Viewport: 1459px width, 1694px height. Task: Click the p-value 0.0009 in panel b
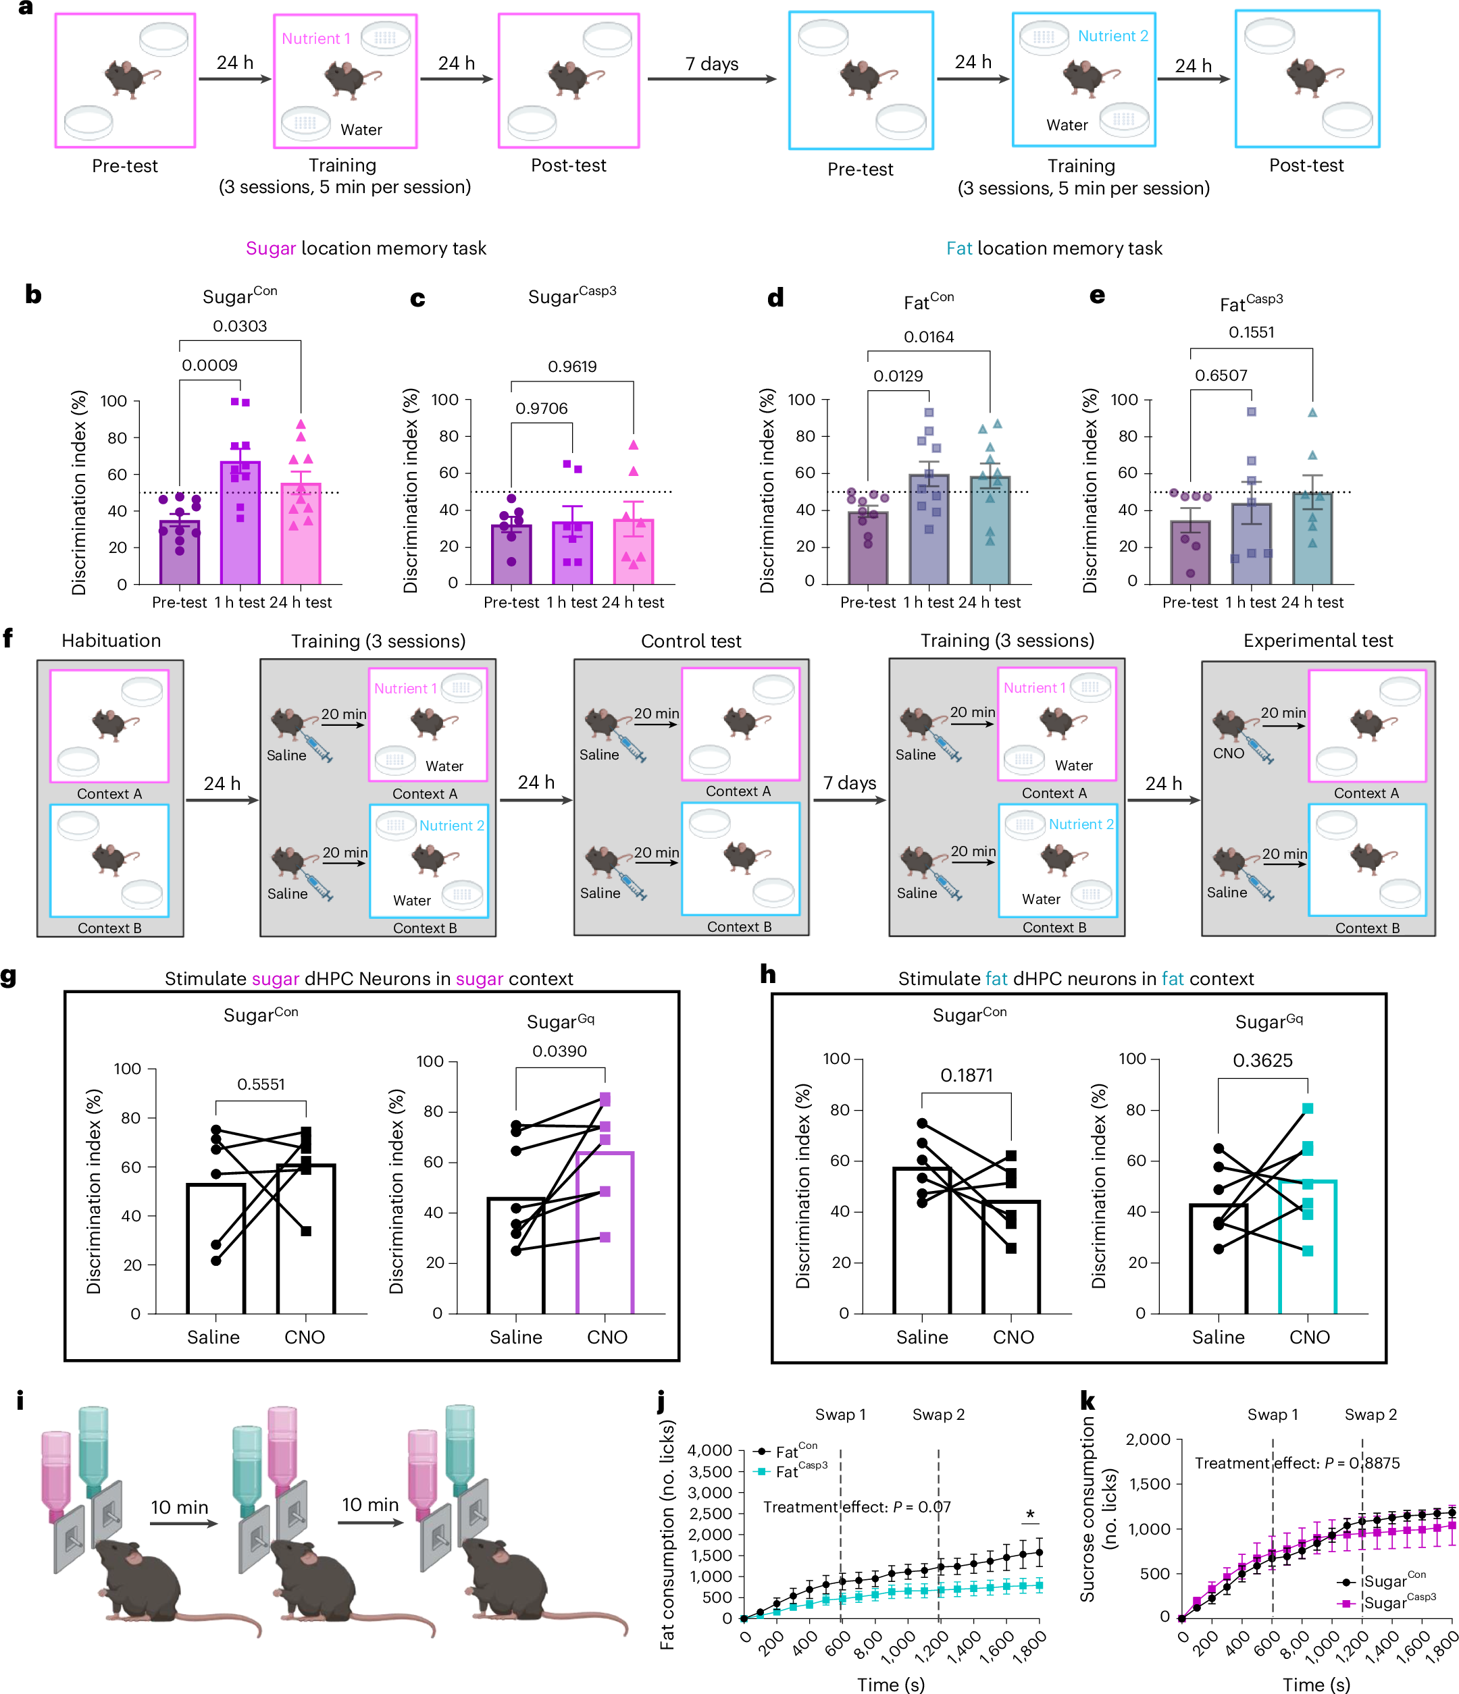pos(209,365)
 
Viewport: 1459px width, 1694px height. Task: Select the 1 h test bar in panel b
pos(240,523)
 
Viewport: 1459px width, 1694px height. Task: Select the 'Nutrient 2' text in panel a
pos(1112,36)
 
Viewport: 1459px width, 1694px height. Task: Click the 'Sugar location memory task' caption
pos(365,248)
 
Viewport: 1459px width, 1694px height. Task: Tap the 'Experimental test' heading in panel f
pos(1318,641)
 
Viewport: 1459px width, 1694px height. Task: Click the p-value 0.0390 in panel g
pos(559,1051)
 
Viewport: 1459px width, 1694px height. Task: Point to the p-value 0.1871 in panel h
pos(966,1075)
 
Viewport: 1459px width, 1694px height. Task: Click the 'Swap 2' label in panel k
pos(1370,1414)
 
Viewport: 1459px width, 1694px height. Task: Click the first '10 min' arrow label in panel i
pos(179,1508)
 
